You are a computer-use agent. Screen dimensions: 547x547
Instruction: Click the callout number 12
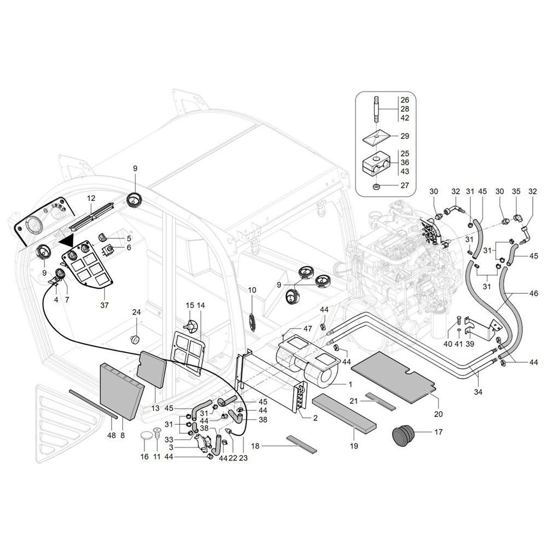[x=91, y=197]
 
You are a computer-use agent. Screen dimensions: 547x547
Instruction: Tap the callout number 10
[x=252, y=290]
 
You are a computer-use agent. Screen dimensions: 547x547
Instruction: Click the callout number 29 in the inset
[x=405, y=136]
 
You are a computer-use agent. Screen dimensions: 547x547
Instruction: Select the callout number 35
[x=515, y=191]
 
